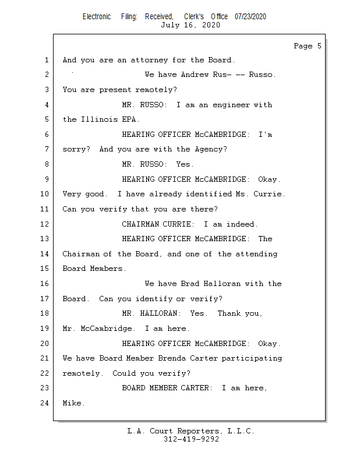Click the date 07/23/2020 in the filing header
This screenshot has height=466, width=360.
point(250,17)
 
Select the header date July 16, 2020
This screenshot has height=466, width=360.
point(190,25)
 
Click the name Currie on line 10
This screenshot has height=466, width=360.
point(269,194)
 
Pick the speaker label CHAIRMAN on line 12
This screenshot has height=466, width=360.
point(140,224)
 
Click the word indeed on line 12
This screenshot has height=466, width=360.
point(242,224)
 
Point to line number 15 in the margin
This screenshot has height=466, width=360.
point(45,269)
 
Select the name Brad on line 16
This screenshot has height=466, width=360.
point(190,284)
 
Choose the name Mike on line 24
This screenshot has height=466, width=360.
point(72,403)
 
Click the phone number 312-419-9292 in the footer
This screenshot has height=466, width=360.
point(191,439)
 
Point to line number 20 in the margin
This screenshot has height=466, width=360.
point(45,343)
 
